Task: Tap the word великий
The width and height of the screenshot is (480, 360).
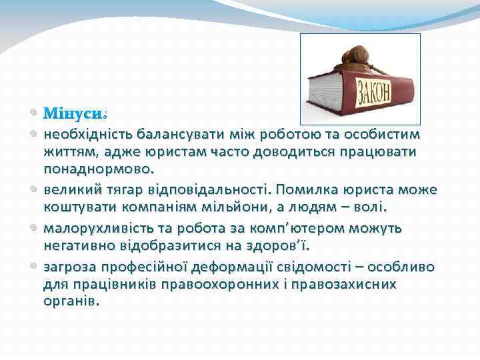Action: pyautogui.click(x=70, y=189)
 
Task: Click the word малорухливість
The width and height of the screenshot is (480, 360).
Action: pyautogui.click(x=95, y=229)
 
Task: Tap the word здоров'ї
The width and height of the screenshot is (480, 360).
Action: pyautogui.click(x=282, y=245)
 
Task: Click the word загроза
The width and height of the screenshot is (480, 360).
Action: pyautogui.click(x=70, y=267)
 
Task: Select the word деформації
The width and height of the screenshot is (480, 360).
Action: pyautogui.click(x=227, y=267)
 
